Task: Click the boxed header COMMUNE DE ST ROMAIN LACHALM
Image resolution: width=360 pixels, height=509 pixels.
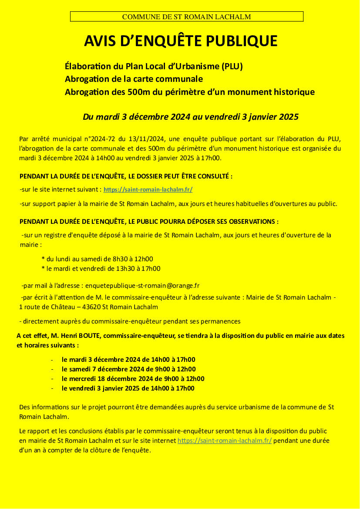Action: tap(186, 17)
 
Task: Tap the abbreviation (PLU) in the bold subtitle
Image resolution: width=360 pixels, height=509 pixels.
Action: tap(232, 67)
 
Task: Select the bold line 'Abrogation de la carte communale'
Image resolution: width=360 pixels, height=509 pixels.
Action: tap(134, 79)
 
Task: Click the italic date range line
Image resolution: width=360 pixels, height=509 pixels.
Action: tap(190, 117)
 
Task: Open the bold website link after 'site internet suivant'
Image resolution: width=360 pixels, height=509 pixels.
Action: tap(148, 190)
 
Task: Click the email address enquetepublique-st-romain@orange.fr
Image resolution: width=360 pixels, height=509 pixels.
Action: tap(142, 286)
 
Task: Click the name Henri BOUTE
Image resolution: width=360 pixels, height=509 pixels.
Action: tap(70, 336)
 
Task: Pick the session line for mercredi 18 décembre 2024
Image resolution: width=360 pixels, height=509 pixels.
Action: tap(133, 379)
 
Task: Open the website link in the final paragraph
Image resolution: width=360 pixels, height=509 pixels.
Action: tap(225, 441)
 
